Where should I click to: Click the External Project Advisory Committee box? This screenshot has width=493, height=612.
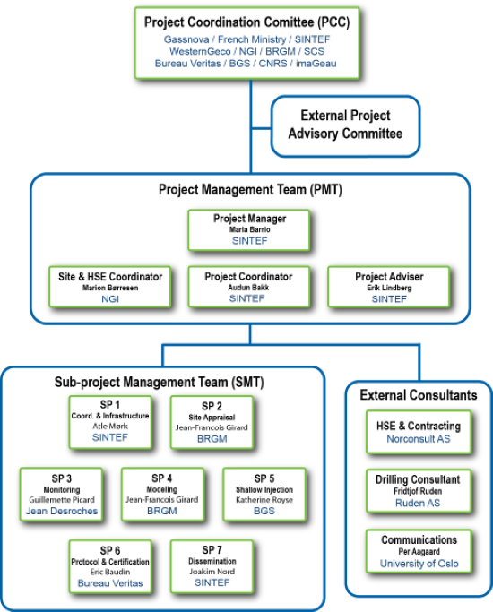click(x=345, y=126)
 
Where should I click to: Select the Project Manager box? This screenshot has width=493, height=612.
click(x=249, y=230)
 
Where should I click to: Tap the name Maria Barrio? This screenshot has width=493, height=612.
click(x=250, y=229)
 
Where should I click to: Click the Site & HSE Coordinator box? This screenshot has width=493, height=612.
click(x=110, y=288)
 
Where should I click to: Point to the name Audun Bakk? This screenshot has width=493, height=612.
click(x=248, y=288)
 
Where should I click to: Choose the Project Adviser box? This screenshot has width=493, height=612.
click(x=389, y=288)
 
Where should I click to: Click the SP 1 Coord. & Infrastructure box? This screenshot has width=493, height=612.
click(x=110, y=422)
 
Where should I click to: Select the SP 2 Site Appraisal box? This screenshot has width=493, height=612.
click(x=212, y=422)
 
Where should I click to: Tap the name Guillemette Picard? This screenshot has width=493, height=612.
click(x=62, y=500)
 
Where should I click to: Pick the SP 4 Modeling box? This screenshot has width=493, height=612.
click(x=162, y=495)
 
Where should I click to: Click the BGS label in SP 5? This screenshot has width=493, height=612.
click(x=264, y=511)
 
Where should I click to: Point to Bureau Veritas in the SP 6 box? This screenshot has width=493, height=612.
click(x=110, y=583)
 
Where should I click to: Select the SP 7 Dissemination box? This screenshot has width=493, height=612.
click(x=212, y=566)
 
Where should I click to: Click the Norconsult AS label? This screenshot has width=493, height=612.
click(x=419, y=439)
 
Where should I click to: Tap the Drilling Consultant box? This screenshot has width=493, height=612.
click(x=419, y=491)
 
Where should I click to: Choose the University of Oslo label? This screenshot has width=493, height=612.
click(x=419, y=564)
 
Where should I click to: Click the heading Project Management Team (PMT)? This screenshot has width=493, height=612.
click(x=250, y=190)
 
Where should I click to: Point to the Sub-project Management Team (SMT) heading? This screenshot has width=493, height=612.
click(x=159, y=382)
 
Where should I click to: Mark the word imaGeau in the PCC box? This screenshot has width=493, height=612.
click(x=316, y=64)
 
